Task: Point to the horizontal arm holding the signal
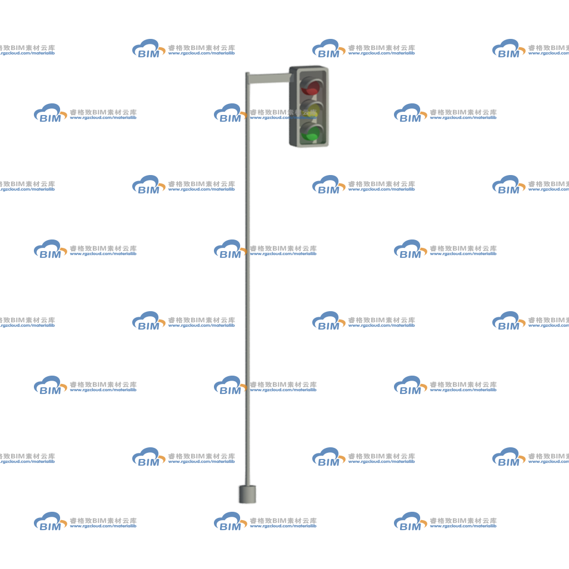pyautogui.click(x=269, y=78)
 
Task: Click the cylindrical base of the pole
pyautogui.click(x=247, y=494)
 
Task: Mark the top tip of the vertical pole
pyautogui.click(x=247, y=73)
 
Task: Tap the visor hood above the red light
pyautogui.click(x=311, y=81)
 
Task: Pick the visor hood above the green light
pyautogui.click(x=311, y=127)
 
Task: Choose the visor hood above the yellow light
pyautogui.click(x=311, y=104)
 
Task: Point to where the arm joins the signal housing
pyautogui.click(x=290, y=78)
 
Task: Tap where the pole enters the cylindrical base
pyautogui.click(x=247, y=485)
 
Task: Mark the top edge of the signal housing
pyautogui.click(x=309, y=67)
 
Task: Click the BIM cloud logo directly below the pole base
pyautogui.click(x=230, y=521)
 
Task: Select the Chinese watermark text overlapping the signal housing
pyautogui.click(x=283, y=112)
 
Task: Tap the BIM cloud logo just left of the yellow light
pyautogui.click(x=230, y=113)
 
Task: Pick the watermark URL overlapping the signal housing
pyautogui.click(x=283, y=118)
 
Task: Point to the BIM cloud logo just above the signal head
pyautogui.click(x=328, y=48)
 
